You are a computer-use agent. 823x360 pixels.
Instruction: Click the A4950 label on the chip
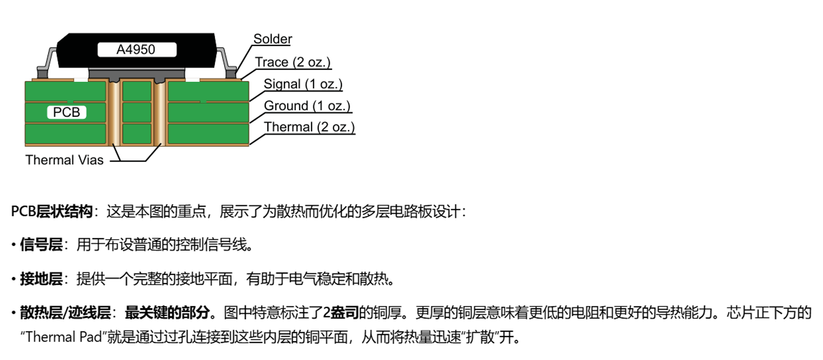[136, 50]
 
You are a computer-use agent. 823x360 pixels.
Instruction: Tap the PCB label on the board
[67, 112]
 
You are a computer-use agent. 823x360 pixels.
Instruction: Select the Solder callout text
[272, 39]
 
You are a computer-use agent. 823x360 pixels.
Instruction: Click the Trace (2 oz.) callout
[293, 62]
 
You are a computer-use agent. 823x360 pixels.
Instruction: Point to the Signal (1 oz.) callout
[303, 84]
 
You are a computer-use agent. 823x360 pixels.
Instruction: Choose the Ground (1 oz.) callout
[307, 106]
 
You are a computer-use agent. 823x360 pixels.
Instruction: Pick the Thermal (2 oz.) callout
[309, 127]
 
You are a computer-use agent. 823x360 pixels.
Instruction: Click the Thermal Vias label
[65, 160]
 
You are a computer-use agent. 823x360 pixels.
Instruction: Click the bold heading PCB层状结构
[51, 211]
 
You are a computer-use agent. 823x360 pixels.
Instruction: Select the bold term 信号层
[41, 245]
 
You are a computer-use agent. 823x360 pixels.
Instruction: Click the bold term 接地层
[41, 279]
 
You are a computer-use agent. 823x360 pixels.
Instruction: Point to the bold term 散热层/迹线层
[66, 312]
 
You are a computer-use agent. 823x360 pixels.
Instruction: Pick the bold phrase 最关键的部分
[167, 312]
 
